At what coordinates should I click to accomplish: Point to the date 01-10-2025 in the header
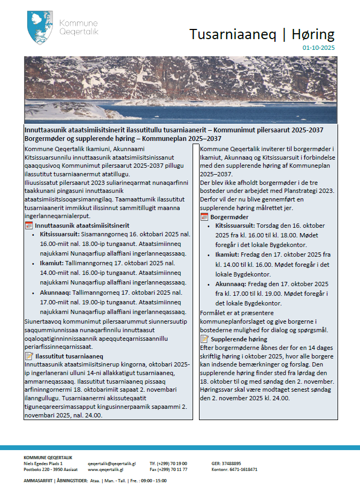318,48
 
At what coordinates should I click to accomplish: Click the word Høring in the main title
314,34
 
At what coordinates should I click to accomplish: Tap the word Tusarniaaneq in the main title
233,34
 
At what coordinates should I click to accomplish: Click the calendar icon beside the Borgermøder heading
204,217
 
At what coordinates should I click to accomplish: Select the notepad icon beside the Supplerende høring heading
204,339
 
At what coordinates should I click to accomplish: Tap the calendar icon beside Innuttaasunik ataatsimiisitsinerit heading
29,226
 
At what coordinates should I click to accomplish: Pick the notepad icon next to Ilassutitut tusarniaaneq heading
29,356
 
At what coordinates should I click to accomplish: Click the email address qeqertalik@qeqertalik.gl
112,463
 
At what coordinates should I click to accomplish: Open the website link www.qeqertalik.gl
105,469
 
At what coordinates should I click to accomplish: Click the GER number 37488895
231,463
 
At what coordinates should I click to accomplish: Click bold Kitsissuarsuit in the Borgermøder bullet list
235,227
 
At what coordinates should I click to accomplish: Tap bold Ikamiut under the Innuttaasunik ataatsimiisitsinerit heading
51,264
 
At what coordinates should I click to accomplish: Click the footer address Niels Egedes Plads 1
43,463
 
